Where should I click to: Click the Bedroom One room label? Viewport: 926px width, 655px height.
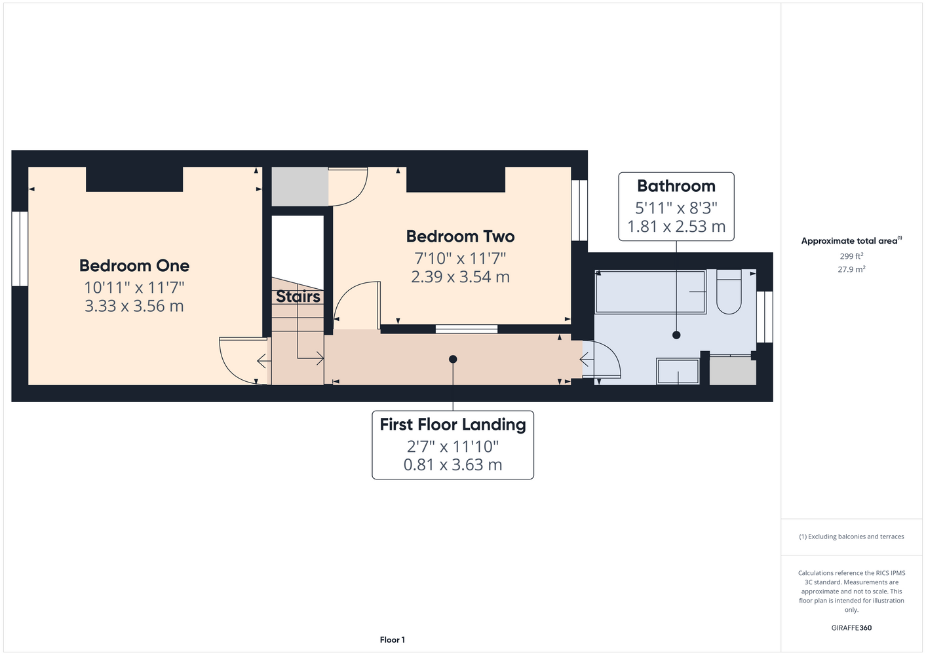(x=134, y=266)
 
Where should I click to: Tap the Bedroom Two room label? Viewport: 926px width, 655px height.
(x=460, y=236)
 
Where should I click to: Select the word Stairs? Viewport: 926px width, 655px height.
(x=298, y=296)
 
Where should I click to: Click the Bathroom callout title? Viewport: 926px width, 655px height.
(x=676, y=186)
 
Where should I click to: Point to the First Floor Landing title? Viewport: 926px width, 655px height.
(x=453, y=424)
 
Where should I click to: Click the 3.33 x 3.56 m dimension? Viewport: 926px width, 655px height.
(x=134, y=306)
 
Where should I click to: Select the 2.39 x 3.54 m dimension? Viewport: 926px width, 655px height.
(x=460, y=276)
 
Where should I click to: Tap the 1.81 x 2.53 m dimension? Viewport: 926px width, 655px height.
(x=676, y=227)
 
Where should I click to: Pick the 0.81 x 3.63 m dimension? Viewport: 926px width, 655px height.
(x=453, y=464)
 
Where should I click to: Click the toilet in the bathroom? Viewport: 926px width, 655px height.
(x=729, y=291)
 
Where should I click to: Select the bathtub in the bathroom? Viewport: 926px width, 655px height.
(x=650, y=291)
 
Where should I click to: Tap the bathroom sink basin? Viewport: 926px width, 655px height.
(x=678, y=371)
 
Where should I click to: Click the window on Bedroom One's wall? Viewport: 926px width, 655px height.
(x=20, y=249)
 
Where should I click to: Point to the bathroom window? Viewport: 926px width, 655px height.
(x=765, y=317)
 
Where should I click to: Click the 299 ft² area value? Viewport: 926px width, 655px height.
(x=851, y=256)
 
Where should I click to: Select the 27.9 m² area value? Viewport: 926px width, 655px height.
(x=851, y=269)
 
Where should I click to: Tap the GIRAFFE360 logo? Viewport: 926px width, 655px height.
(x=851, y=627)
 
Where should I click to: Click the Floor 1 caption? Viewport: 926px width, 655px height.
(x=393, y=640)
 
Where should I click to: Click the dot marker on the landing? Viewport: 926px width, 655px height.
(x=453, y=359)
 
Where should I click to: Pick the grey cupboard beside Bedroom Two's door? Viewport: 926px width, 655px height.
(x=300, y=187)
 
